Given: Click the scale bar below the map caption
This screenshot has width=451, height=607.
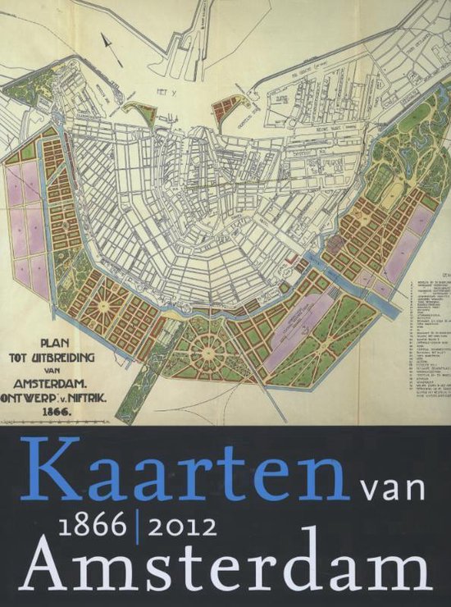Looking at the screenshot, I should [x=57, y=418].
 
